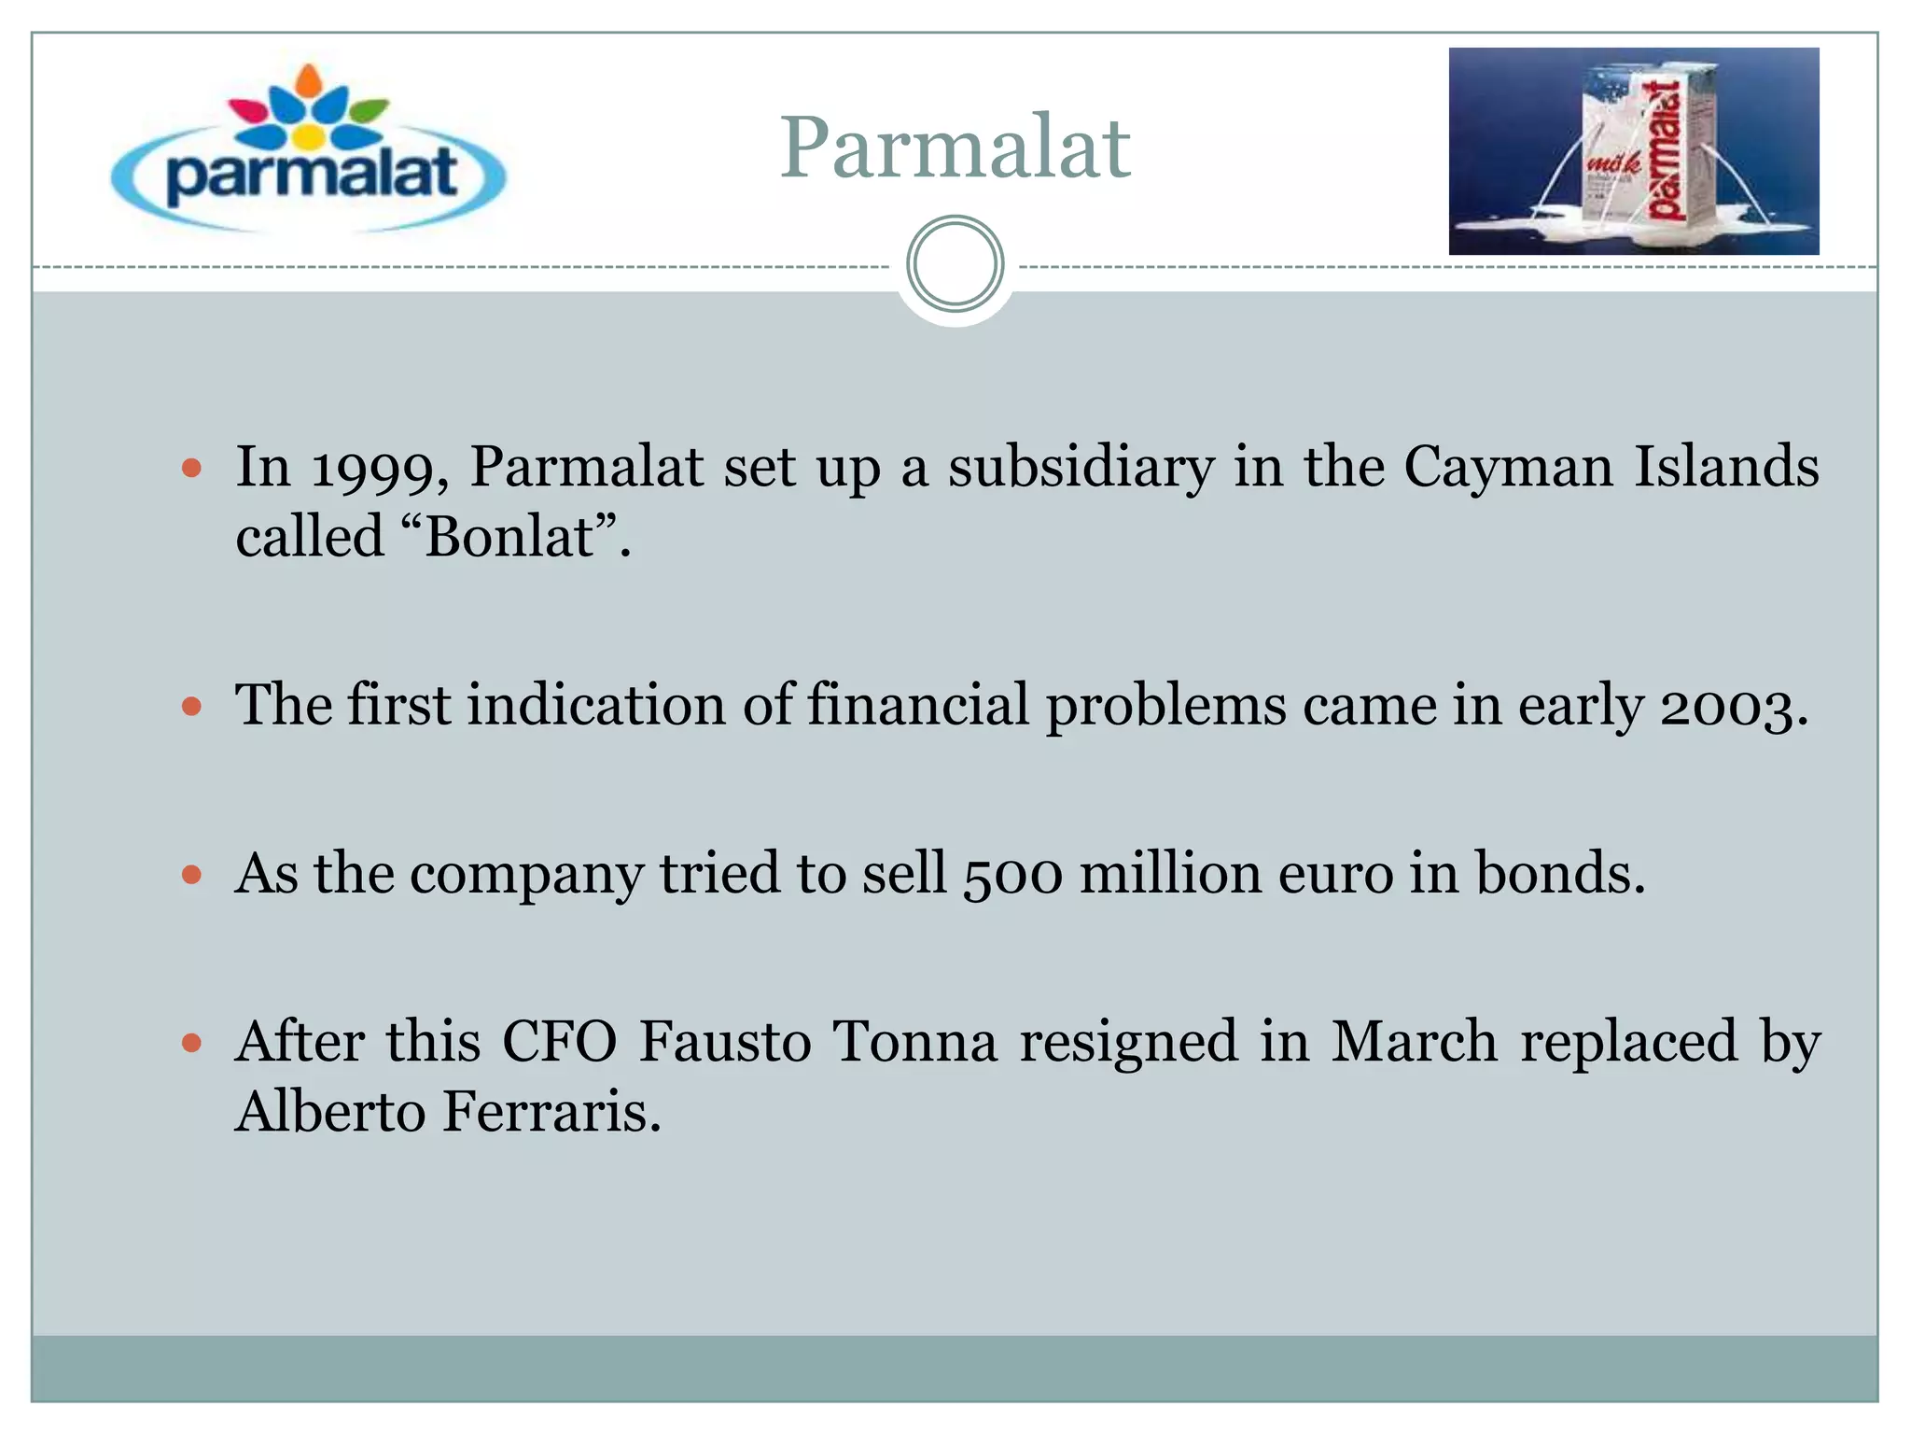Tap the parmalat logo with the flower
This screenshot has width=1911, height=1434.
(308, 149)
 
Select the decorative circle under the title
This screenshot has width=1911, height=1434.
(955, 264)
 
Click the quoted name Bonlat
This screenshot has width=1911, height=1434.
(509, 537)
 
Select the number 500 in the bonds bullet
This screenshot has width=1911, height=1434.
(1012, 875)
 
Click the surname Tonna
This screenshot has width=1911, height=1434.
(914, 1041)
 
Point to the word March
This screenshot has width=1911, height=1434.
(1414, 1041)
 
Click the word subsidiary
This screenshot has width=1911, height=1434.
(1081, 466)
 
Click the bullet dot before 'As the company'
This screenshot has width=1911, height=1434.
(192, 875)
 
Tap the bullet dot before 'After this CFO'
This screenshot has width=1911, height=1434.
(192, 1042)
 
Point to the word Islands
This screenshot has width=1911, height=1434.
(1725, 466)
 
